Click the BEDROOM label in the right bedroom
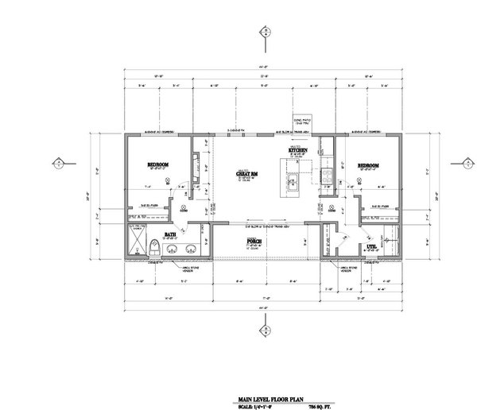coord(368,165)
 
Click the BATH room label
coord(170,234)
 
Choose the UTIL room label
coord(370,247)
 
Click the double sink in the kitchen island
coord(292,180)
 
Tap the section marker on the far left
coord(57,164)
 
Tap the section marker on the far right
coord(463,164)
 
